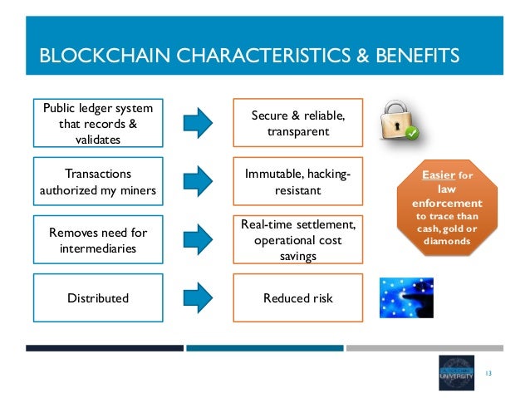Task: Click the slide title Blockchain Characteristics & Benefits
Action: pyautogui.click(x=248, y=57)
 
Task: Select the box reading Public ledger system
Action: pyautogui.click(x=96, y=123)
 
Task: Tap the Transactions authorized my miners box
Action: pyautogui.click(x=96, y=181)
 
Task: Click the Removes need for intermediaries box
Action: pyautogui.click(x=96, y=239)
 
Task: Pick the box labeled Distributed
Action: pyautogui.click(x=96, y=297)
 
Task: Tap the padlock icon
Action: pyautogui.click(x=399, y=121)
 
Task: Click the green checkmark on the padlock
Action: pyautogui.click(x=412, y=132)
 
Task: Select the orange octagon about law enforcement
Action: pyautogui.click(x=446, y=208)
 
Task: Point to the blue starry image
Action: pyautogui.click(x=406, y=297)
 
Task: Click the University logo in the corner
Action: pyautogui.click(x=458, y=371)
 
